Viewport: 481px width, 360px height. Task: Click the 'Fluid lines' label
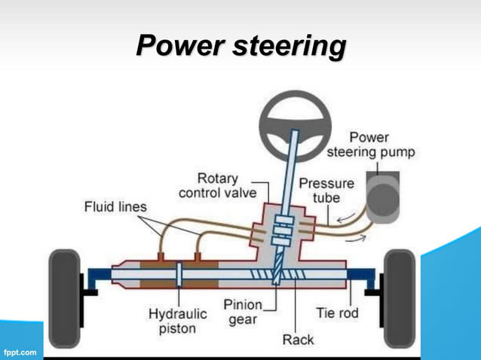[x=115, y=206]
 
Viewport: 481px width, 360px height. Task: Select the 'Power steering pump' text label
[x=370, y=145]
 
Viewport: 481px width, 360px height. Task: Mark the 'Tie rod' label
[x=336, y=312]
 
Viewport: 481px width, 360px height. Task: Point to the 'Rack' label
[x=299, y=340]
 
